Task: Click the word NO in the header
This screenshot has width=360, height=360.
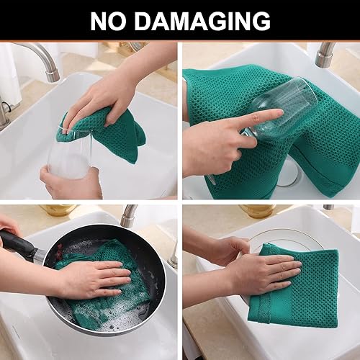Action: click(112, 21)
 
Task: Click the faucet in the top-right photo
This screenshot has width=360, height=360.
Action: click(325, 53)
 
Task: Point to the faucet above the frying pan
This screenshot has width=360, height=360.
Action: click(128, 215)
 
